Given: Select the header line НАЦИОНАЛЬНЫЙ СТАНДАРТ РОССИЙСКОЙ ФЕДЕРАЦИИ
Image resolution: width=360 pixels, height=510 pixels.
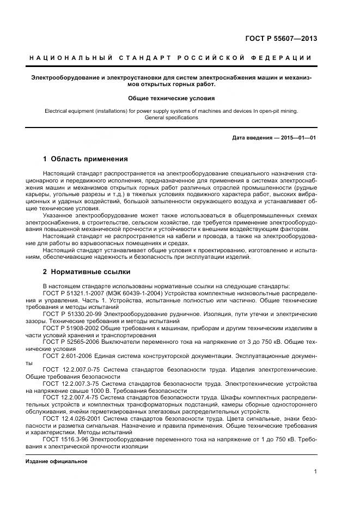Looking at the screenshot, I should (x=170, y=58).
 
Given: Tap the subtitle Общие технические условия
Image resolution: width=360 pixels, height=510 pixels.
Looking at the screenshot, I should (x=171, y=99).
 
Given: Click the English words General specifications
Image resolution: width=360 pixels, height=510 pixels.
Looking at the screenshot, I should (x=171, y=117).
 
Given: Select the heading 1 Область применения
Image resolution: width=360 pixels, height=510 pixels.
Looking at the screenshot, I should (x=85, y=159).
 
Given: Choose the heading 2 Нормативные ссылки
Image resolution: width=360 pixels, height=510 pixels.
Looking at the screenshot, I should (x=86, y=271).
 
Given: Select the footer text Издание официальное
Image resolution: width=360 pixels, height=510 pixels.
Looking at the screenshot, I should (x=57, y=461).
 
